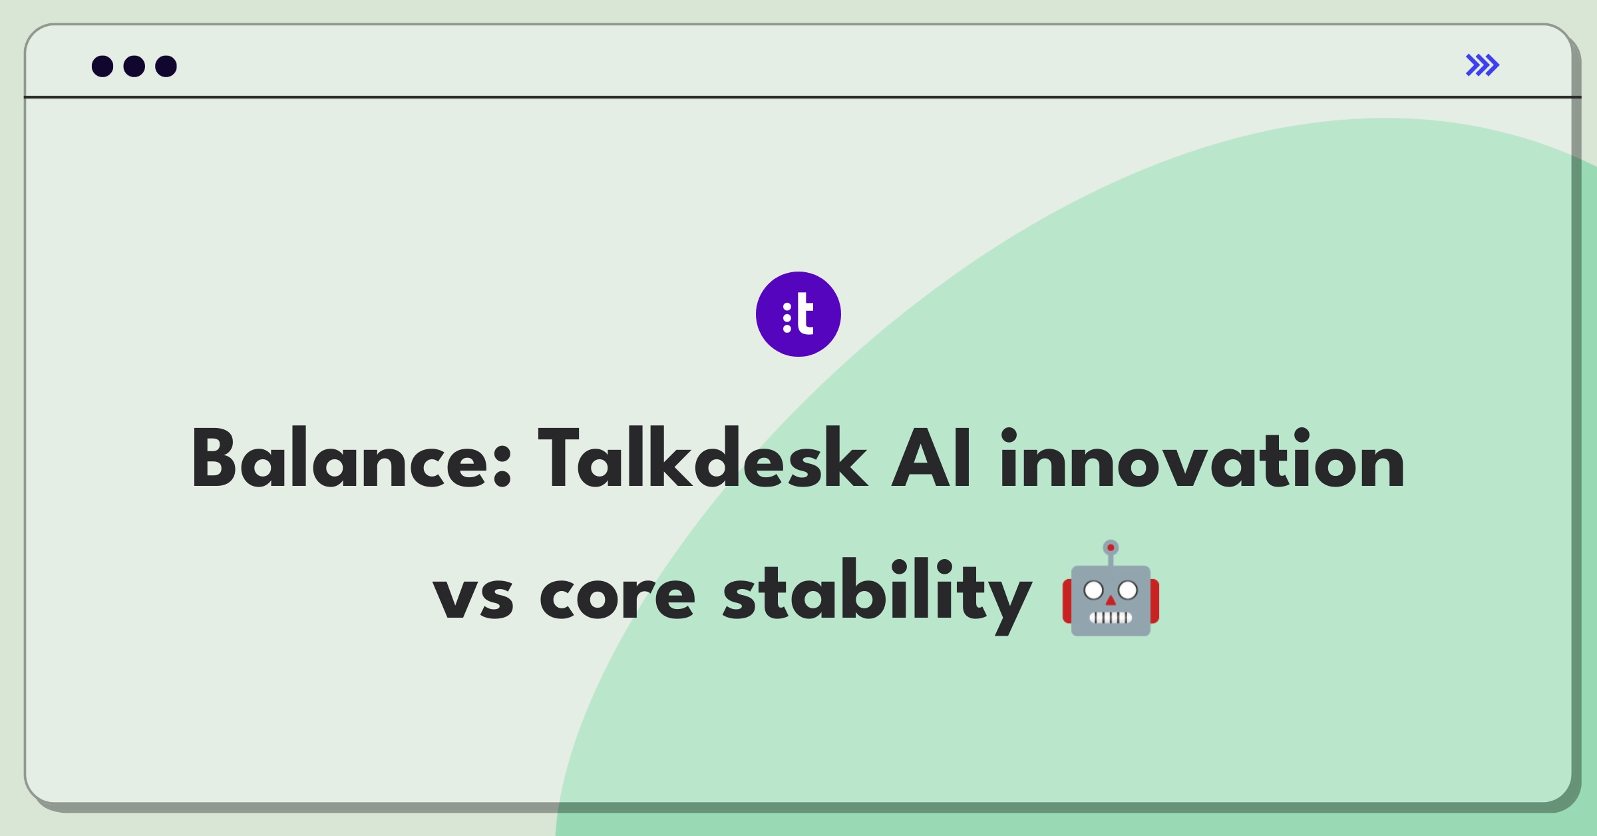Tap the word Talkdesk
pos(703,459)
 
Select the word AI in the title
pos(932,459)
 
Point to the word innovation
pos(1202,459)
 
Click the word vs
pos(473,597)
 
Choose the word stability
pos(877,594)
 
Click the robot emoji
pos(1111,588)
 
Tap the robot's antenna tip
pos(1111,548)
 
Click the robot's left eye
pos(1094,590)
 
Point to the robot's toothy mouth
pos(1111,617)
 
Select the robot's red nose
pos(1111,601)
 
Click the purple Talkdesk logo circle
pos(798,314)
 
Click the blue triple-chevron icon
pos(1483,65)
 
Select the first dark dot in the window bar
pos(102,67)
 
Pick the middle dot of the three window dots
pos(134,67)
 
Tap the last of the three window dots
pos(166,67)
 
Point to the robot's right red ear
pos(1155,602)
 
